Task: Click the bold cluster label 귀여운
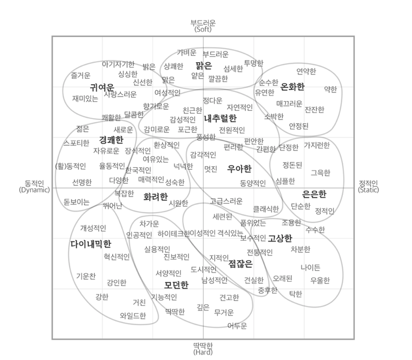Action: tap(102, 87)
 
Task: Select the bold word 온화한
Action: tap(292, 86)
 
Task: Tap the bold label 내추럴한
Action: tap(220, 118)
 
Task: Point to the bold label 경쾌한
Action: tap(111, 139)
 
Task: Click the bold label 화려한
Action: tap(155, 197)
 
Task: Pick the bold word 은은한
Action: tap(314, 194)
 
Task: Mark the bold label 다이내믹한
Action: tap(91, 244)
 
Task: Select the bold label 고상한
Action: tap(280, 238)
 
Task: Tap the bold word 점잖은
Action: tap(241, 263)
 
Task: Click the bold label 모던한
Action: tap(176, 284)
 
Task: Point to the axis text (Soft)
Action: tap(203, 29)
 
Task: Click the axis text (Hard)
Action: tap(203, 352)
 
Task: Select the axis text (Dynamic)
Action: tap(34, 190)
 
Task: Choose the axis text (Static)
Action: tap(368, 190)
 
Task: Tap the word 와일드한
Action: tap(133, 316)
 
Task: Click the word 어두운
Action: tap(237, 325)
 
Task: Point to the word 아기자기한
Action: tap(118, 64)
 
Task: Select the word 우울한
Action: tap(320, 280)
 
